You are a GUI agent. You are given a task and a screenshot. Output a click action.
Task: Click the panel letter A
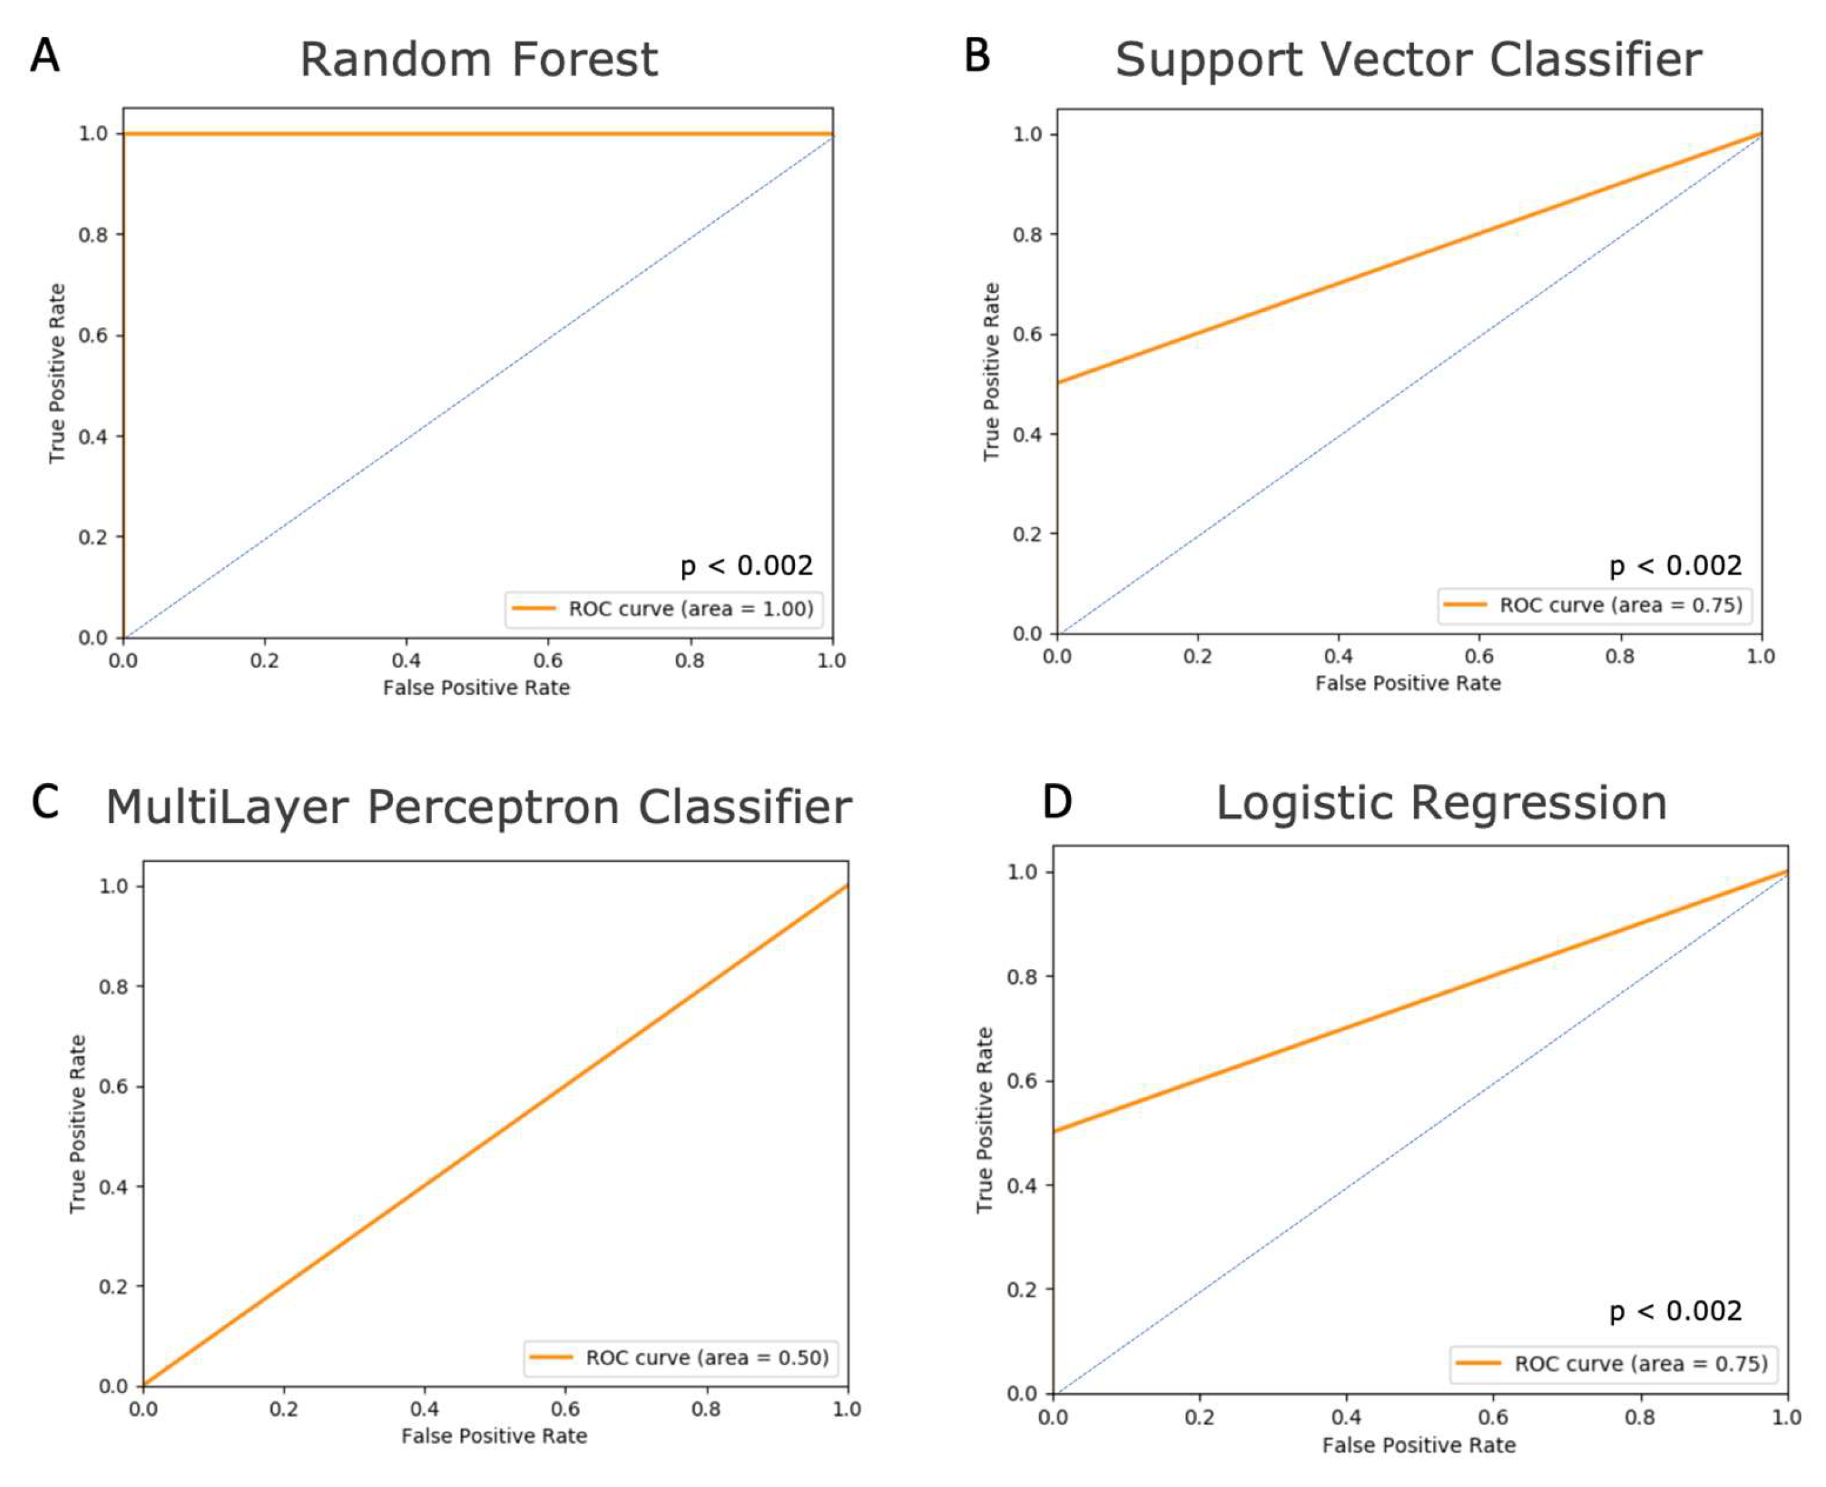pyautogui.click(x=44, y=56)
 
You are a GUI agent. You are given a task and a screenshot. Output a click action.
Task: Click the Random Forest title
pyautogui.click(x=478, y=60)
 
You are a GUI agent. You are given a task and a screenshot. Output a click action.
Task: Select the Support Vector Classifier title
pyautogui.click(x=1407, y=60)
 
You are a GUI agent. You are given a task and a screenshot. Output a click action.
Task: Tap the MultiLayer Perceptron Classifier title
pyautogui.click(x=478, y=807)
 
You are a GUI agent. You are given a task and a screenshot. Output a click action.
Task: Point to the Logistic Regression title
pyautogui.click(x=1440, y=803)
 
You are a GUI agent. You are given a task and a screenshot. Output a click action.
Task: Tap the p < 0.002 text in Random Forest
pyautogui.click(x=746, y=565)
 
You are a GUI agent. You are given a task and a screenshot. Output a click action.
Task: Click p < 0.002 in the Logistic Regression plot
pyautogui.click(x=1674, y=1311)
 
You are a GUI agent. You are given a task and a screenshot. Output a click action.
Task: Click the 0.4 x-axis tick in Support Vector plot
pyautogui.click(x=1338, y=656)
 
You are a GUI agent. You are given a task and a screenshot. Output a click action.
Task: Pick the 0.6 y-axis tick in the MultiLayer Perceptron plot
pyautogui.click(x=113, y=1086)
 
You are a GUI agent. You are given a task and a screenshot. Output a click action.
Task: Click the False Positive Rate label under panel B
pyautogui.click(x=1407, y=683)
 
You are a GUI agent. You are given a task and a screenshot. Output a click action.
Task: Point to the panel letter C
pyautogui.click(x=44, y=803)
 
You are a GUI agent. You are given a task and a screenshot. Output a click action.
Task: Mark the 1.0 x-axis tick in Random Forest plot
pyautogui.click(x=831, y=661)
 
